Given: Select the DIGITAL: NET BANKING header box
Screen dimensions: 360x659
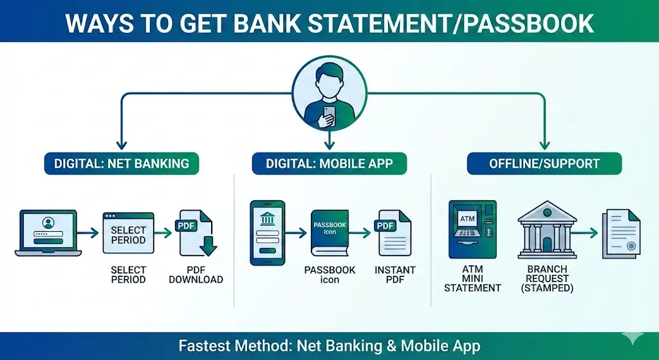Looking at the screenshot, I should [122, 163].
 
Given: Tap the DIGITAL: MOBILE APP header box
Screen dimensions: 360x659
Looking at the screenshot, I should [329, 163].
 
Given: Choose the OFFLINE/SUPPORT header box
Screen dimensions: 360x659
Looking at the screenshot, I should [544, 163].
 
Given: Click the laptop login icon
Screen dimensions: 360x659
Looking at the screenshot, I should [47, 232].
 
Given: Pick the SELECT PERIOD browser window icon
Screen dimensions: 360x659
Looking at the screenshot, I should [128, 232].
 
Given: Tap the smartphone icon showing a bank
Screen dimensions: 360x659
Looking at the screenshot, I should [266, 232].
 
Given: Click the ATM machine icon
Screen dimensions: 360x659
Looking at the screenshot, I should [472, 229].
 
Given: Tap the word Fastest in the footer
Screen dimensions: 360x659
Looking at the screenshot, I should [202, 346].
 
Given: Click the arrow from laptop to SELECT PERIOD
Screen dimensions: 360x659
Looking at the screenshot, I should [88, 232].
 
